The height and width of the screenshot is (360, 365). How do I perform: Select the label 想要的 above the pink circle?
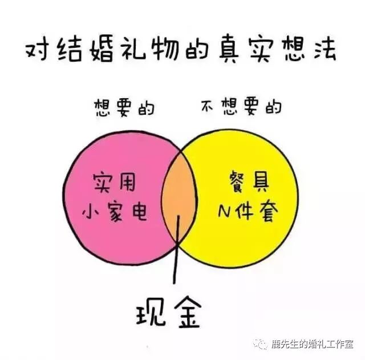(x=123, y=108)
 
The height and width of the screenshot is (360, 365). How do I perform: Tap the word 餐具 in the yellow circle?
(x=247, y=184)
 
